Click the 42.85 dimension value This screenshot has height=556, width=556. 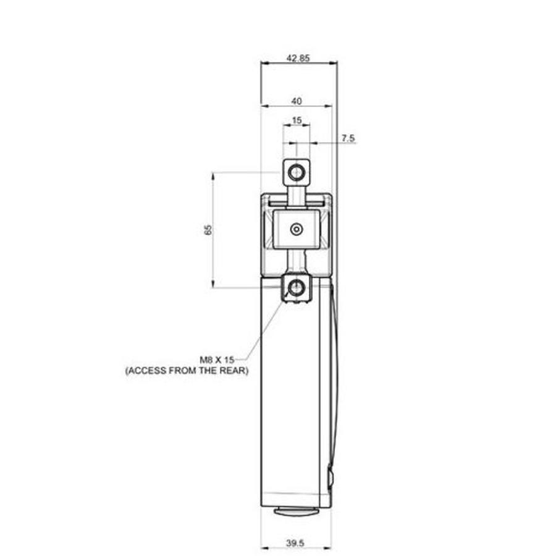pos(298,57)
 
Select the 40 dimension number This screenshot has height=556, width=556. pos(297,101)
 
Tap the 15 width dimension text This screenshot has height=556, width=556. pos(297,120)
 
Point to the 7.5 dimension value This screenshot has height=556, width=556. pos(348,139)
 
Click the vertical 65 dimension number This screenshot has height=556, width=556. pos(208,229)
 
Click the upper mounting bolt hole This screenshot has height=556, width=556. pos(297,171)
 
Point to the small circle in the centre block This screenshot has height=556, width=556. pos(297,230)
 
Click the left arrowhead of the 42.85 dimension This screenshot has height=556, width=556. pos(264,62)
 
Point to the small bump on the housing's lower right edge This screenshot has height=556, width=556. pos(331,477)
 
